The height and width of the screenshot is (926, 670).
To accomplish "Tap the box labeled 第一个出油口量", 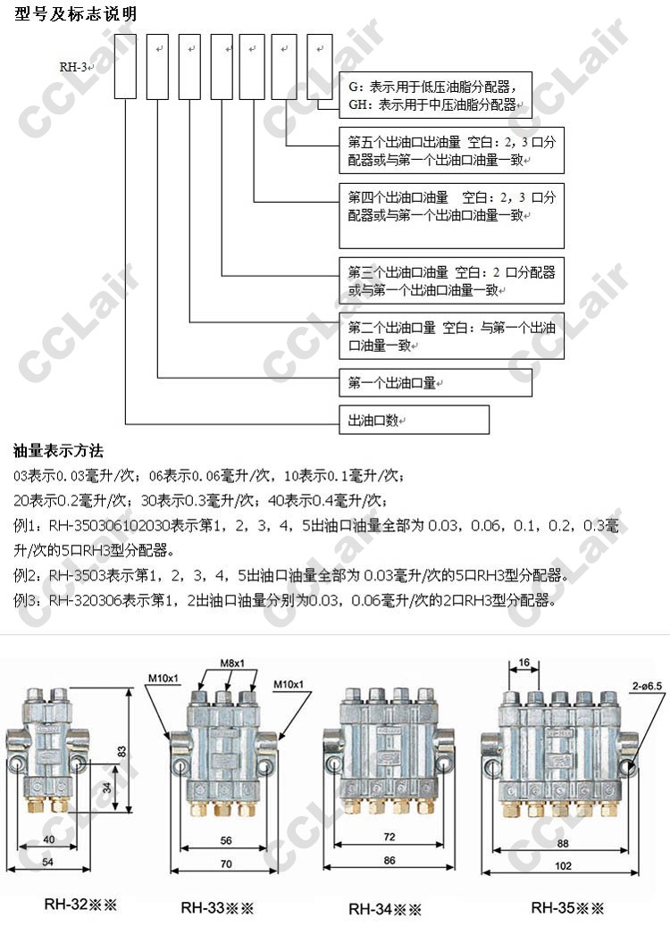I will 435,382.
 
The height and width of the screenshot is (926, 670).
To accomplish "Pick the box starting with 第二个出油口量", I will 451,336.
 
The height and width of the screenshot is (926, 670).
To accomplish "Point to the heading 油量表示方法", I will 59,451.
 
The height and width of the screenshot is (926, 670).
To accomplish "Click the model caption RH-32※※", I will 80,904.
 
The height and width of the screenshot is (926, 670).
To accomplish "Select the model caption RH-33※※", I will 217,907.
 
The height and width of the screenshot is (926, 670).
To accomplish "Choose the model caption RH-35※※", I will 567,907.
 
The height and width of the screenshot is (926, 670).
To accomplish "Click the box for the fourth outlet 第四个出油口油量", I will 451,215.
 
